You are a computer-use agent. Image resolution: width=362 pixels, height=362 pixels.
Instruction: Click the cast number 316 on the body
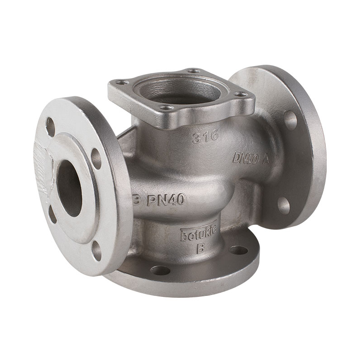[205, 136]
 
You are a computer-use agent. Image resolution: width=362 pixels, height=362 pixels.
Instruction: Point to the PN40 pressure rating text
[165, 200]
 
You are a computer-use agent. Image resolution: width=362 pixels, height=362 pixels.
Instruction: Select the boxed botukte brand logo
[199, 234]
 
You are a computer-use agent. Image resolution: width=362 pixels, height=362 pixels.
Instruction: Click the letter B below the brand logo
[199, 248]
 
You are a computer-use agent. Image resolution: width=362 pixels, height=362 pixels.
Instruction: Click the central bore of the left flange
[69, 188]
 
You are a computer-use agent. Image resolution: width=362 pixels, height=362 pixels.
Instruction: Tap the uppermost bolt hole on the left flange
[51, 127]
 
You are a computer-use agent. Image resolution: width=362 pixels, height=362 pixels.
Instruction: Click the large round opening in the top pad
[180, 90]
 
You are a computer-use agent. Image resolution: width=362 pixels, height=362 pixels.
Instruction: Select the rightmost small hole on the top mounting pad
[240, 94]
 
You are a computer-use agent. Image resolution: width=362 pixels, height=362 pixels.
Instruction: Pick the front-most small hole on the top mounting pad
[166, 108]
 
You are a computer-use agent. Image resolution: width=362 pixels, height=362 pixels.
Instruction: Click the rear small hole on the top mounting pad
[194, 71]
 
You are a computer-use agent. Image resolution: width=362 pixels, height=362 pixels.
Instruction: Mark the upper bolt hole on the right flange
[290, 120]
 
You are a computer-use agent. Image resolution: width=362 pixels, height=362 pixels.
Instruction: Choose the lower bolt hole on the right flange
[284, 205]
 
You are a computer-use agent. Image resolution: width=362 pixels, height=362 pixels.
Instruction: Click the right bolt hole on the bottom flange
[238, 250]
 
